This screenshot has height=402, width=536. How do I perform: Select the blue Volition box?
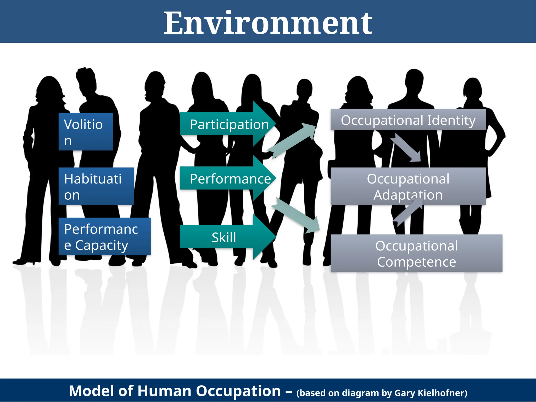tap(86, 132)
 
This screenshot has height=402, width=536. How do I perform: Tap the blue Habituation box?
tap(96, 186)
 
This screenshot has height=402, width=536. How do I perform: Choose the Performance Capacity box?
tap(104, 236)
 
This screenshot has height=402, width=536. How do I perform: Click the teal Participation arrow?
tap(228, 124)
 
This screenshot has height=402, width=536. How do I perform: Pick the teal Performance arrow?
tap(228, 179)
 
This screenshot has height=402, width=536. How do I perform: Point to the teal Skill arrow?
tap(225, 237)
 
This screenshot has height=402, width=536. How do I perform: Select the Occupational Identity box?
tap(408, 120)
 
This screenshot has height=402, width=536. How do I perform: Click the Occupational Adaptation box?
tap(408, 186)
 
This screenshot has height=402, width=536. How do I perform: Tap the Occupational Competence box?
tap(416, 253)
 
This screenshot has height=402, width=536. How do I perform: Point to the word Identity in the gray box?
tap(451, 120)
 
